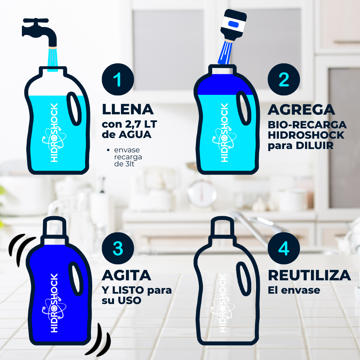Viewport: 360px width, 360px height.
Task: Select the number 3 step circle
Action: pyautogui.click(x=118, y=248)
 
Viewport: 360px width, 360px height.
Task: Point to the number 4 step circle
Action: pyautogui.click(x=284, y=248)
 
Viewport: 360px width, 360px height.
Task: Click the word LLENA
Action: pyautogui.click(x=128, y=109)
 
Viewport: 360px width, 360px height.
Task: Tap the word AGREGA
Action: pyautogui.click(x=301, y=109)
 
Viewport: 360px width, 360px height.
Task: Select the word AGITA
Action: pyautogui.click(x=126, y=276)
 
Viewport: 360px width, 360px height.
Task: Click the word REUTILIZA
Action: pyautogui.click(x=309, y=276)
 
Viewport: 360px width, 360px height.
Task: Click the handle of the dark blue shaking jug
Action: pyautogui.click(x=76, y=278)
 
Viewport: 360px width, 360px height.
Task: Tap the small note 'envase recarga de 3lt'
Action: pyautogui.click(x=128, y=157)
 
